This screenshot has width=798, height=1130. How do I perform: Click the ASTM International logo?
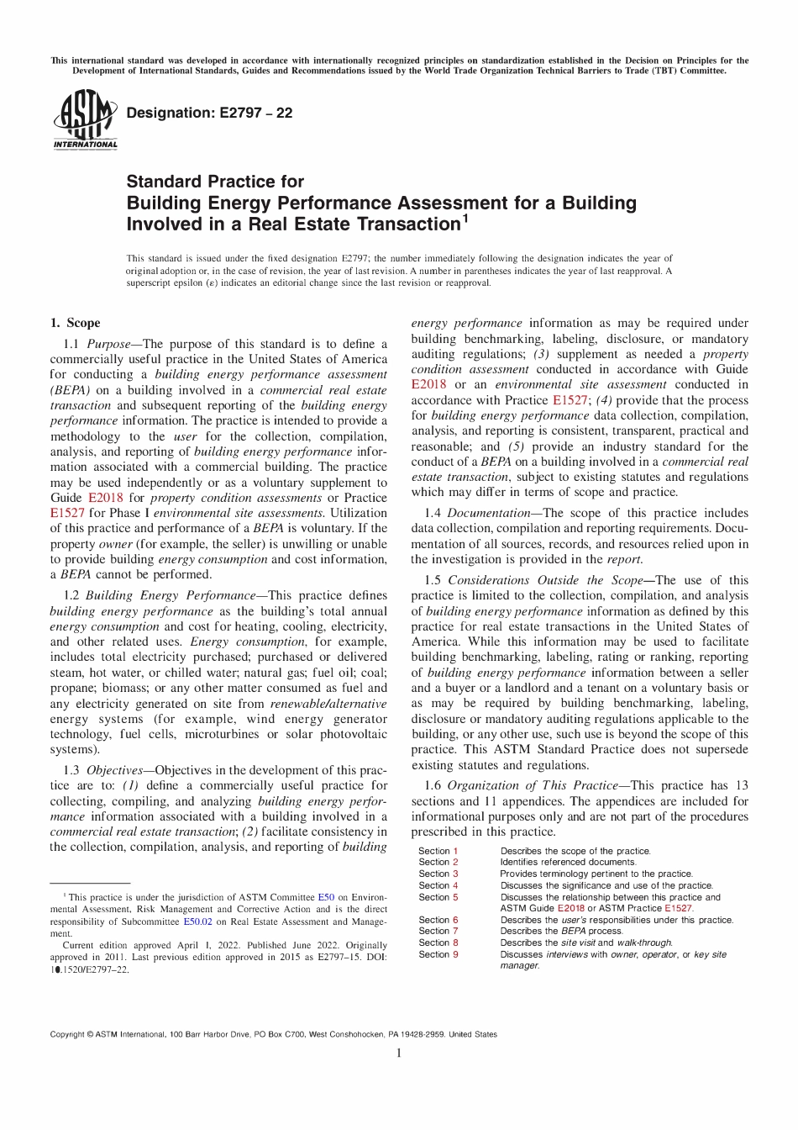point(85,119)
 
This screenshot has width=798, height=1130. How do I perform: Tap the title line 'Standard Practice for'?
point(215,182)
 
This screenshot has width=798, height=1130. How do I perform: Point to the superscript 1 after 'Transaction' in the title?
point(465,219)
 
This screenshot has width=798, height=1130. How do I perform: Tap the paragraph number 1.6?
point(433,785)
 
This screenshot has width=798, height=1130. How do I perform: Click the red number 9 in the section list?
point(456,954)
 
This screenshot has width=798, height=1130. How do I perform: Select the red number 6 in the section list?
point(456,920)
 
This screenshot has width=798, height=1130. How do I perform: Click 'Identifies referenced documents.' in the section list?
point(568,862)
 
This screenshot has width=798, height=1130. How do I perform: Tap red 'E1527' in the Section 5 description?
point(679,908)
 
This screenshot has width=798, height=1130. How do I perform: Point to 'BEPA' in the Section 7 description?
point(573,931)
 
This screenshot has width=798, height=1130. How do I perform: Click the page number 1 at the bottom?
point(399,1053)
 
